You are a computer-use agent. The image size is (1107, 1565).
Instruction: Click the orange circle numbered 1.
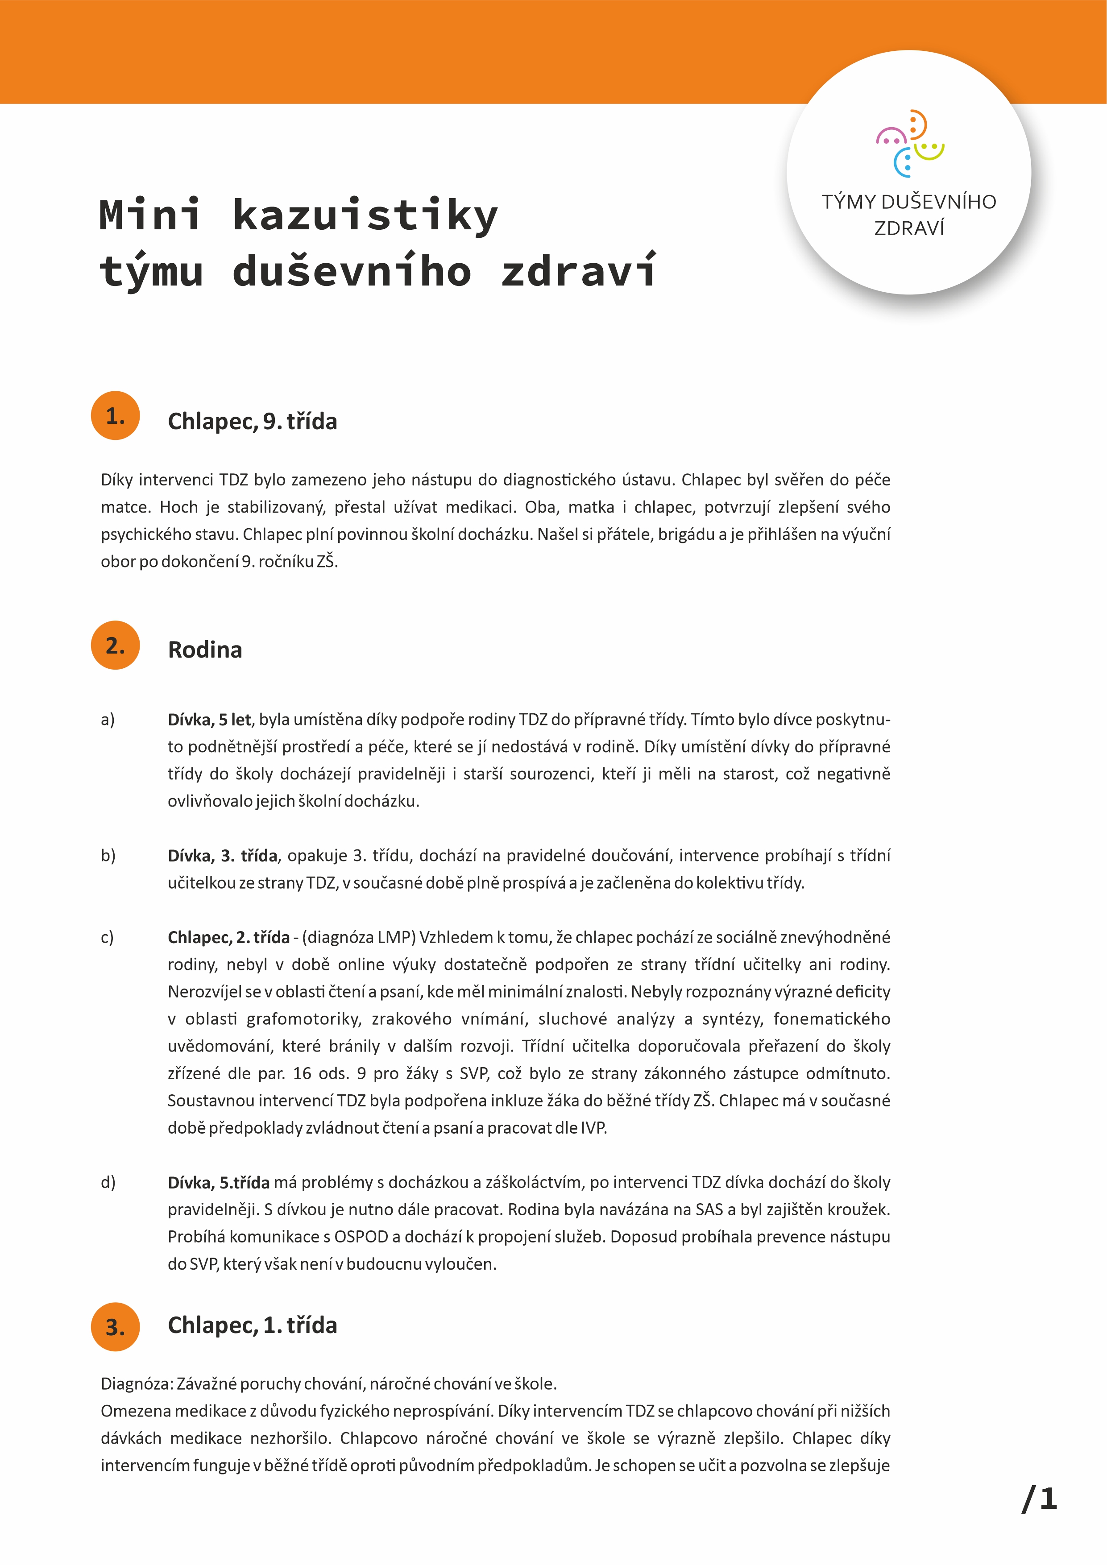(x=115, y=415)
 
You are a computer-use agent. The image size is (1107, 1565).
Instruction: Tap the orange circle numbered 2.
(x=115, y=645)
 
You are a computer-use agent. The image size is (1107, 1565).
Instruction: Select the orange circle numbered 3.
(x=115, y=1326)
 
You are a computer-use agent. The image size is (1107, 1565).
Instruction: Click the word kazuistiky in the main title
(x=365, y=215)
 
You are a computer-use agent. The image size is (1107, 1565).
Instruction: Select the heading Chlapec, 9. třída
(x=252, y=421)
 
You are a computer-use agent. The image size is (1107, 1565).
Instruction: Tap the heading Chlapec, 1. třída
(x=252, y=1325)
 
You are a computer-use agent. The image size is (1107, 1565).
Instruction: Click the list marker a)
(x=108, y=720)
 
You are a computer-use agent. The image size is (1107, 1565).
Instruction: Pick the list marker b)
(x=108, y=855)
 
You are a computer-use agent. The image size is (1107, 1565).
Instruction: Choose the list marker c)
(x=107, y=937)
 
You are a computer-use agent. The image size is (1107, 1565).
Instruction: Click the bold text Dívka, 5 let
(x=209, y=720)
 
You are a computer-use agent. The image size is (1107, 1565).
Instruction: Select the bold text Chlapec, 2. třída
(x=228, y=937)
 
